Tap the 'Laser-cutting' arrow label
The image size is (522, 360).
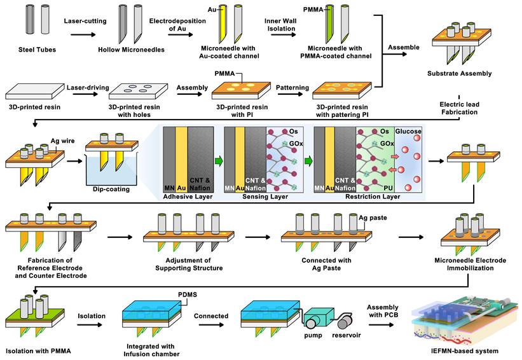click(x=83, y=20)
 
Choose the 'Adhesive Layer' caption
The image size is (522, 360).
click(x=189, y=197)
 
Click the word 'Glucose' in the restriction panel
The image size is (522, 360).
click(x=407, y=130)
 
